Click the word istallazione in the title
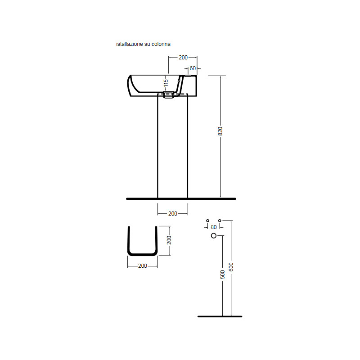(x=130, y=44)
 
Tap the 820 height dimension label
(x=220, y=131)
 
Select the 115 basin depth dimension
(x=166, y=83)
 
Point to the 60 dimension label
(x=193, y=68)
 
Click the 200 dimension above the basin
(x=183, y=58)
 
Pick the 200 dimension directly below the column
(x=173, y=213)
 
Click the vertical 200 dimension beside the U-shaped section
(x=169, y=240)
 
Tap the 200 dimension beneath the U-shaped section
(x=143, y=265)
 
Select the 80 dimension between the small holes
(x=213, y=227)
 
